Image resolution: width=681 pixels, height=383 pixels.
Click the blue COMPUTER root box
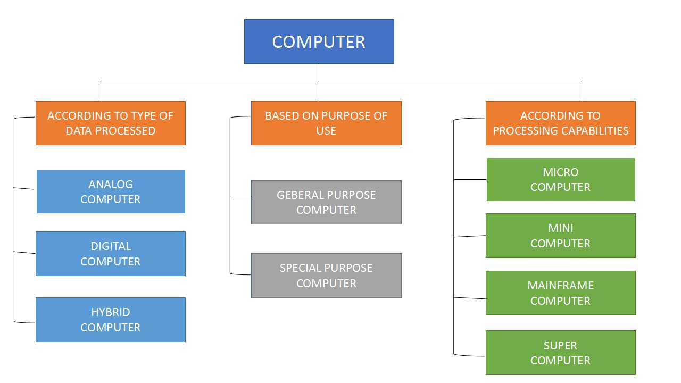click(x=319, y=41)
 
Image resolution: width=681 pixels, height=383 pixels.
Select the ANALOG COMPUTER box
click(x=111, y=191)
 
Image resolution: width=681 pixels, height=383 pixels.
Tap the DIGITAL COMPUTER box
click(x=111, y=254)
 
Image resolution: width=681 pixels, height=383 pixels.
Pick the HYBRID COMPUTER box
click(x=111, y=319)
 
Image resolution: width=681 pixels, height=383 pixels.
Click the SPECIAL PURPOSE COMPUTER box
click(x=326, y=275)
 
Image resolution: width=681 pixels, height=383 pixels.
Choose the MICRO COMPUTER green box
click(x=561, y=179)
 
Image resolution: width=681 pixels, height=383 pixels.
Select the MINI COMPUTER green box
click(x=561, y=236)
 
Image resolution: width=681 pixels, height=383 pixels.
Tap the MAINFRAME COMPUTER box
click(x=561, y=293)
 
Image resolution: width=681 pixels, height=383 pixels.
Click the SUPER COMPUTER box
click(x=561, y=353)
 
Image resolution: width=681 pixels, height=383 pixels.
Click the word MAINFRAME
click(x=561, y=286)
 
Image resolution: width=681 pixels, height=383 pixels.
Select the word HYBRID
click(x=111, y=312)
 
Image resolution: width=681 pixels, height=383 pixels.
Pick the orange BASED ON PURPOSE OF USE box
click(x=326, y=123)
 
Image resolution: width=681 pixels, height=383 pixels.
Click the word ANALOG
click(x=111, y=185)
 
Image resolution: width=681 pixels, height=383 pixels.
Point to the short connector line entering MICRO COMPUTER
click(x=470, y=180)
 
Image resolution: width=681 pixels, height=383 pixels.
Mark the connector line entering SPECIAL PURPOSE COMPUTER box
click(x=241, y=274)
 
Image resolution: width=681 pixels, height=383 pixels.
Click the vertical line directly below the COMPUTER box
click(x=319, y=72)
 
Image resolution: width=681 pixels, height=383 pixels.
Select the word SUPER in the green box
click(x=561, y=346)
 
